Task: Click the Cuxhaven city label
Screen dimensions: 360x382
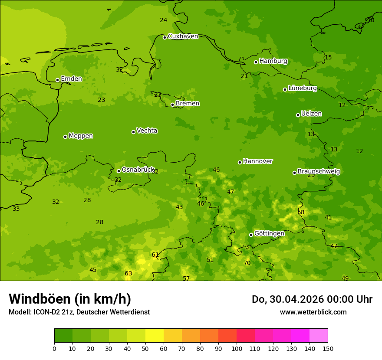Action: [183, 36]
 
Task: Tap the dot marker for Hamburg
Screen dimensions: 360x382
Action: [256, 62]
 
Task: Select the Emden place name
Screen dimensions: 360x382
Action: [71, 79]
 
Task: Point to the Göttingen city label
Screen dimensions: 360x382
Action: [269, 234]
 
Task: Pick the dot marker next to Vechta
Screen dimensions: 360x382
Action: [133, 132]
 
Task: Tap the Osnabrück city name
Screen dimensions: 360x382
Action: [138, 170]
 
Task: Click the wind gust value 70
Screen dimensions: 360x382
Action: [247, 263]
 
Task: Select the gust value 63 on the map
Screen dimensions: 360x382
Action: [128, 274]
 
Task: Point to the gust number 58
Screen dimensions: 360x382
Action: [301, 213]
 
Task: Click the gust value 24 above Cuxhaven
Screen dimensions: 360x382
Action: [163, 20]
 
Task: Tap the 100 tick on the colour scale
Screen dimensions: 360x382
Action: [237, 348]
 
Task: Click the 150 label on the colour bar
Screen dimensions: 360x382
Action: [328, 348]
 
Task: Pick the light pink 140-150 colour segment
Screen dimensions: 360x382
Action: [319, 336]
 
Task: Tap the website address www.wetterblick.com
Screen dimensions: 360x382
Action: [313, 312]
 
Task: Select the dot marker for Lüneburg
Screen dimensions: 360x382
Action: [285, 89]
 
